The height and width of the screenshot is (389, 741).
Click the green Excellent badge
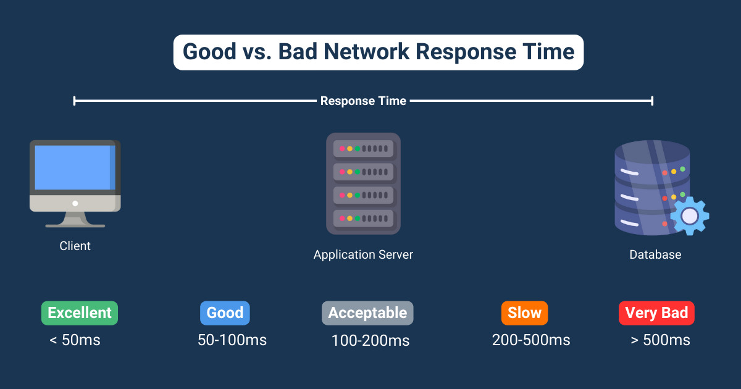[80, 313]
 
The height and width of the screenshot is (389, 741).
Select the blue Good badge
[225, 313]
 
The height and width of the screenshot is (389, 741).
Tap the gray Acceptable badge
[367, 313]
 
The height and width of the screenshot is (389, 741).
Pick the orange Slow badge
[524, 313]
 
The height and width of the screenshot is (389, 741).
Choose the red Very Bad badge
[656, 313]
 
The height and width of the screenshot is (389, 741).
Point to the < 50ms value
[74, 340]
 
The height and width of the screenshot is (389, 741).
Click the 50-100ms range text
[232, 340]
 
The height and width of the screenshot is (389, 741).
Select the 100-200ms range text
[371, 340]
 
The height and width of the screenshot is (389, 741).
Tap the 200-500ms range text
[531, 340]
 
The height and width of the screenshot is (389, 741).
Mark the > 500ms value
[660, 340]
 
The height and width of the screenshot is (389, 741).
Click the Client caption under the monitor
[75, 246]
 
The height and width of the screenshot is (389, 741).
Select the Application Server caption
[363, 254]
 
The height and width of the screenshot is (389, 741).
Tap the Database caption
[655, 254]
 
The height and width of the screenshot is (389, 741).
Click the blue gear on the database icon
[689, 216]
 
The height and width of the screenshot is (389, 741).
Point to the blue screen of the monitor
[72, 167]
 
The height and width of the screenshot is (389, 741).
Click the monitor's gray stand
[75, 220]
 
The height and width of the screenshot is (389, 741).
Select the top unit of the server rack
[363, 149]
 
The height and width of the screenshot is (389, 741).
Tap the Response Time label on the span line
[363, 101]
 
